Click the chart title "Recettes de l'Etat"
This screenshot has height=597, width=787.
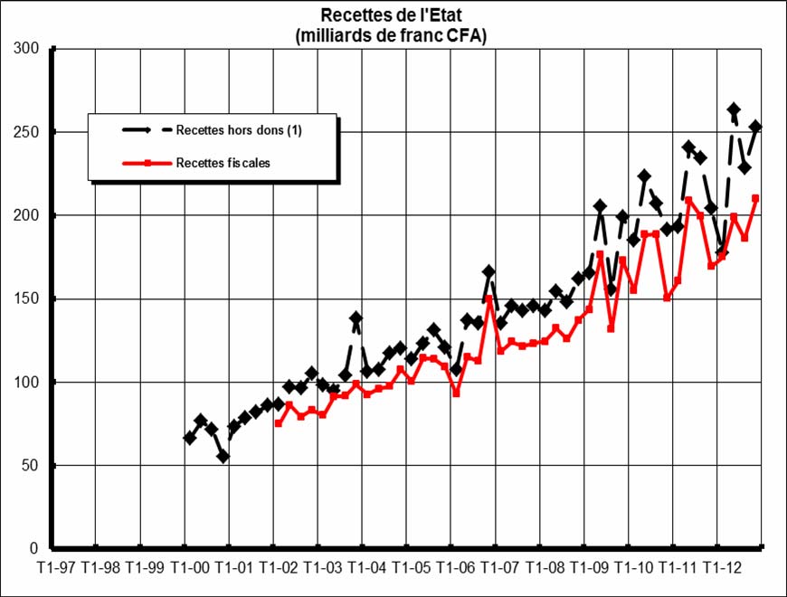click(395, 15)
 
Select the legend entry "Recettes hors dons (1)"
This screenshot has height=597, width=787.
click(239, 130)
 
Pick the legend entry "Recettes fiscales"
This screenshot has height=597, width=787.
click(223, 164)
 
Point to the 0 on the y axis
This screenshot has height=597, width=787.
click(36, 549)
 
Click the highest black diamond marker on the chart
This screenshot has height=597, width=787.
click(734, 109)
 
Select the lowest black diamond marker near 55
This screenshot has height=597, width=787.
click(223, 457)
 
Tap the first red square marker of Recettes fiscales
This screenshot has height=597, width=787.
click(278, 423)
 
